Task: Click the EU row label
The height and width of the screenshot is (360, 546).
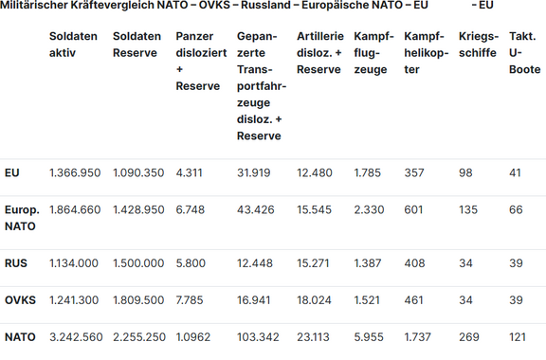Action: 12,172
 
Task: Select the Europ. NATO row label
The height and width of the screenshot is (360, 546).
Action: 22,218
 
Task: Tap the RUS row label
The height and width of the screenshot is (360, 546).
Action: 15,263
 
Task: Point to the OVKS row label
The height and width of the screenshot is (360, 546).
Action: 21,300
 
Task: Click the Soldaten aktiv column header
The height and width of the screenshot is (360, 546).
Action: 73,45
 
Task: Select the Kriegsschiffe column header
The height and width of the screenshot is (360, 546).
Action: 477,45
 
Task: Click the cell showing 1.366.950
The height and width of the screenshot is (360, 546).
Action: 75,172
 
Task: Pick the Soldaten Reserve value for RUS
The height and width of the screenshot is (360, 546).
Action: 138,263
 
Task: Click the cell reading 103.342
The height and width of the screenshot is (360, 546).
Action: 259,336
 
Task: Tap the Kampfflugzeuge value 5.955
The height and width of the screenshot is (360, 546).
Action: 370,336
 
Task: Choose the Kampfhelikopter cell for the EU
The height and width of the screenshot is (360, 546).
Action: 414,172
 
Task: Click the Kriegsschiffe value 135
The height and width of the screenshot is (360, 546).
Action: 468,209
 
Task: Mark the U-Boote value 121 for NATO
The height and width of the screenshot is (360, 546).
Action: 519,336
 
